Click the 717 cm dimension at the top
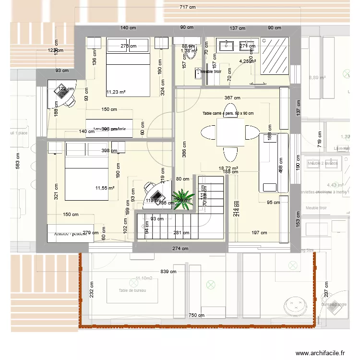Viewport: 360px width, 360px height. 188,7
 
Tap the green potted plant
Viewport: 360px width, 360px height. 183,200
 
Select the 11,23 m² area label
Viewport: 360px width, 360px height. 116,92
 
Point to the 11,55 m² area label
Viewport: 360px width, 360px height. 104,188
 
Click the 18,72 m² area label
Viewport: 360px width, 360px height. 228,168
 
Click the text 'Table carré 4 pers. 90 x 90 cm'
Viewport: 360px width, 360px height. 228,113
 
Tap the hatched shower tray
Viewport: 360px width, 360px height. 274,56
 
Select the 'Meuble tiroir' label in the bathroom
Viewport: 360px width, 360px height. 210,72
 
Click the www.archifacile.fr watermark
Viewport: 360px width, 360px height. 320,353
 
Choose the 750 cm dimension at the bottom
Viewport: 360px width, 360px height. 196,315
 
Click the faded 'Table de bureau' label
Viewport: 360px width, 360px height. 132,290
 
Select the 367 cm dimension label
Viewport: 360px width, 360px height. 232,98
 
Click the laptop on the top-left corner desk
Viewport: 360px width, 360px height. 63,89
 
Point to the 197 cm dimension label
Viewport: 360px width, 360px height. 259,233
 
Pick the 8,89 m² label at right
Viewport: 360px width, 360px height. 317,77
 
